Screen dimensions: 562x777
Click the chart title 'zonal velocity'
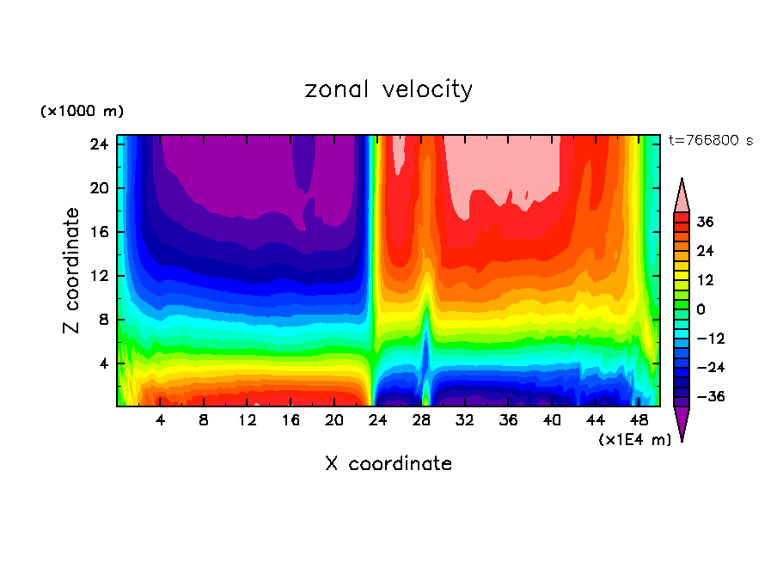[x=388, y=89]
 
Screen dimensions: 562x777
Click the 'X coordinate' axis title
[x=388, y=464]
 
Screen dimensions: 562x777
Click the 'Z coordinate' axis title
[x=72, y=271]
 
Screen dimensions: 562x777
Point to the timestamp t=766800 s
[x=711, y=140]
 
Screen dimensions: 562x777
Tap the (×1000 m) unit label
[x=82, y=112]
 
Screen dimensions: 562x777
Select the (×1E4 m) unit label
[x=634, y=440]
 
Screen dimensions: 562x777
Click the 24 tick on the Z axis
[x=96, y=144]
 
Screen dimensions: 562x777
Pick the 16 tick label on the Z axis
[x=96, y=232]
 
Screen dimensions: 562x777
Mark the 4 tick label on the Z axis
[x=101, y=363]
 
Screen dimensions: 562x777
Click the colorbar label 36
[x=706, y=222]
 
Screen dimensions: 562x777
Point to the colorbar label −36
[x=709, y=397]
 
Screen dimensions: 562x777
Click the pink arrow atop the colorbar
[x=682, y=196]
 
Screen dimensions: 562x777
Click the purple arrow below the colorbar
[x=682, y=423]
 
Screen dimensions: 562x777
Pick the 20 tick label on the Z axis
[x=96, y=188]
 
